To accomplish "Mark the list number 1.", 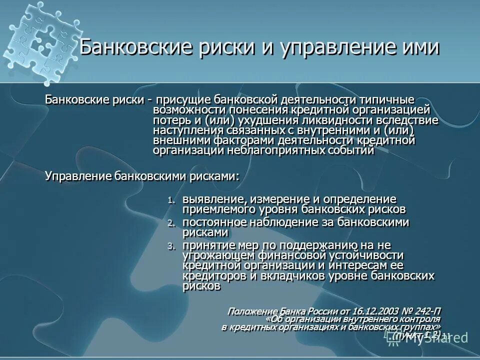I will click(171, 200).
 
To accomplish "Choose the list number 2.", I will click(171, 223).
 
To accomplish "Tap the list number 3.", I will click(171, 246).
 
